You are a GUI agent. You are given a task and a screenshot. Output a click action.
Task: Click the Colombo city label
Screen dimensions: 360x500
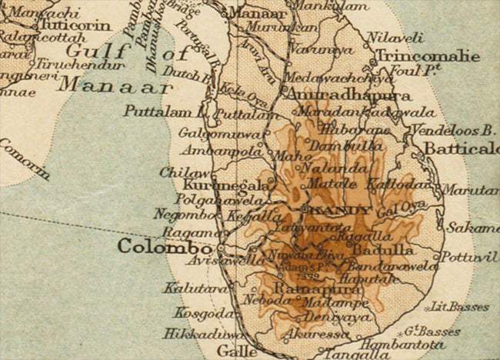pyautogui.click(x=164, y=248)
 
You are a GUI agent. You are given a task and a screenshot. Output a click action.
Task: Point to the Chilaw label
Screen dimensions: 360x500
pyautogui.click(x=178, y=172)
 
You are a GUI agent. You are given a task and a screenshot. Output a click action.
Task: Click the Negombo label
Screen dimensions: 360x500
pyautogui.click(x=177, y=215)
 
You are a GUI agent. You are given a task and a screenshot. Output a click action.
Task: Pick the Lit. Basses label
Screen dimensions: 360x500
pyautogui.click(x=459, y=307)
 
